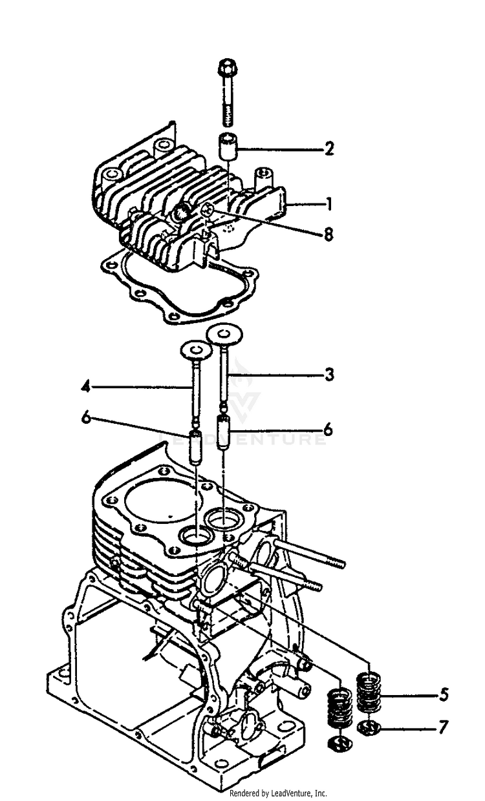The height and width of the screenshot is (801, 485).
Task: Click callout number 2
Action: pyautogui.click(x=329, y=149)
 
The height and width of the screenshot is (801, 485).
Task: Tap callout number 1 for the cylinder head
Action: pyautogui.click(x=329, y=205)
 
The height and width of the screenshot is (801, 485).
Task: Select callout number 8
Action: pyautogui.click(x=329, y=235)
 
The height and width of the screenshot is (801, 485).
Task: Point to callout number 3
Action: pyautogui.click(x=329, y=375)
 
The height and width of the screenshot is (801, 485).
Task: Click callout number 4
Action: pyautogui.click(x=85, y=388)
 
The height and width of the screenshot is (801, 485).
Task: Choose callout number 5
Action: pyautogui.click(x=444, y=696)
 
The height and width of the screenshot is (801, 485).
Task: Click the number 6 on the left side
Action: pyautogui.click(x=85, y=419)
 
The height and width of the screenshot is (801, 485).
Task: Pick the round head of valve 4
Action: pyautogui.click(x=197, y=350)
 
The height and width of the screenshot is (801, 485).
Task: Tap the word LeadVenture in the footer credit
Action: pyautogui.click(x=289, y=793)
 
